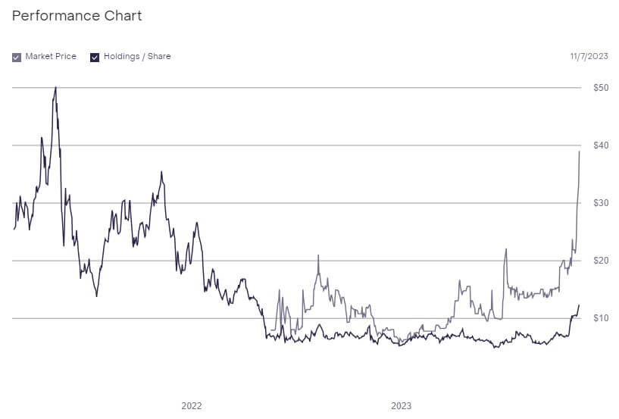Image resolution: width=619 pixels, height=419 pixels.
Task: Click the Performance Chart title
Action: tap(77, 16)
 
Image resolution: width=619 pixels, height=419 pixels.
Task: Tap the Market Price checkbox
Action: tap(17, 57)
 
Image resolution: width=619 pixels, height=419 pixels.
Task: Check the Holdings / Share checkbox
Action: tap(95, 57)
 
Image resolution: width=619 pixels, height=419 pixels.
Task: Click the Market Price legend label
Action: tap(51, 57)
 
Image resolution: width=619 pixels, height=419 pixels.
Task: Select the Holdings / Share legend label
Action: tap(137, 57)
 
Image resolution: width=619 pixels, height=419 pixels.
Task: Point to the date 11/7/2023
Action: tap(589, 57)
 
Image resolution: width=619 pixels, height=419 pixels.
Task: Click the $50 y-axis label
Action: tap(601, 88)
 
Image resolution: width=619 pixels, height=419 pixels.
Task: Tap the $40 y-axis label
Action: tap(601, 145)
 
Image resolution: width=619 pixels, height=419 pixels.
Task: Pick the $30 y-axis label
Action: tap(601, 203)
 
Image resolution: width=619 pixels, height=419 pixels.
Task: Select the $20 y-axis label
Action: tap(601, 261)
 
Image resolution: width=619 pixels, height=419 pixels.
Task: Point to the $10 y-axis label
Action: tap(601, 318)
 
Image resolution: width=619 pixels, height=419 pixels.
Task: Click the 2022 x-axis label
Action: tap(192, 406)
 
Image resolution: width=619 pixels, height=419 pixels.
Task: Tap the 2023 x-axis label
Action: tap(402, 406)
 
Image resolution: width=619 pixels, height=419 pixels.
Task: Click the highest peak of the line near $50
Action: tap(56, 87)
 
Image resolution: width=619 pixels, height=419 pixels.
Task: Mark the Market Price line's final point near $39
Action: tap(580, 152)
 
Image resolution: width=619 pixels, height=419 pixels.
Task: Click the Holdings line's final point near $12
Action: tap(579, 305)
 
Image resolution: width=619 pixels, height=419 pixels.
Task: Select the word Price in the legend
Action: tap(65, 57)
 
